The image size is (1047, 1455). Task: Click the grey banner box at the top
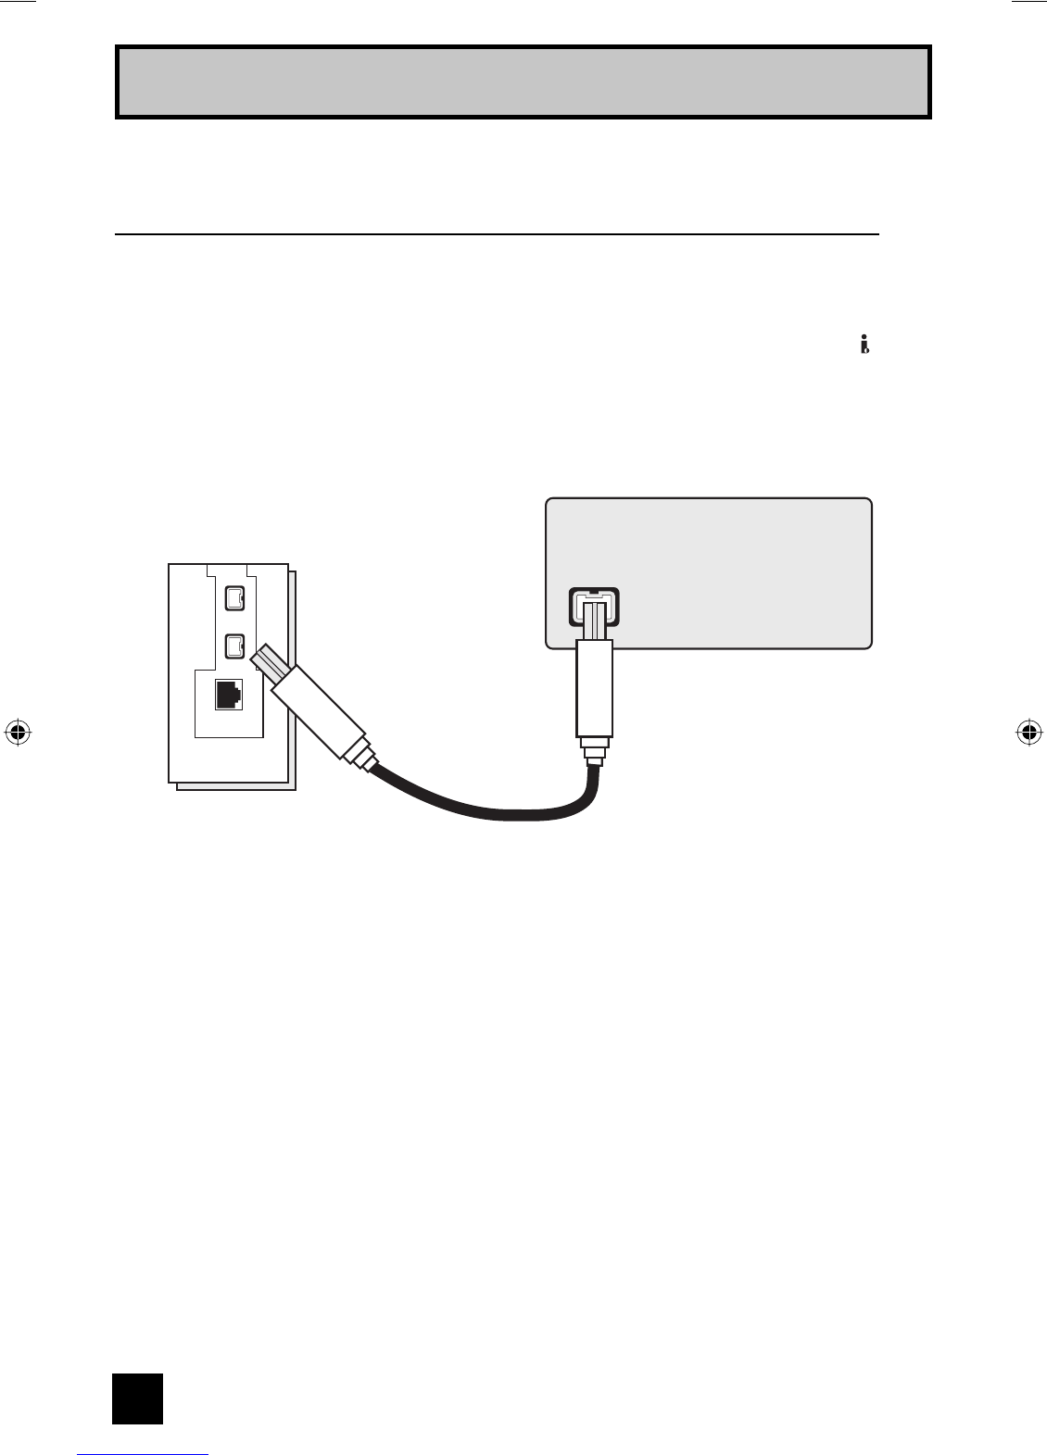pyautogui.click(x=523, y=82)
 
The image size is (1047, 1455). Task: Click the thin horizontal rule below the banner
pyautogui.click(x=496, y=234)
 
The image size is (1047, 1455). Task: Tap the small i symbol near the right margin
pyautogui.click(x=864, y=345)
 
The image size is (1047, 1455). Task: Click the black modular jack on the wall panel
pyautogui.click(x=229, y=695)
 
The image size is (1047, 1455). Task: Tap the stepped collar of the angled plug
pyautogui.click(x=360, y=755)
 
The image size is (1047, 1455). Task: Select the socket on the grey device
pyautogui.click(x=593, y=607)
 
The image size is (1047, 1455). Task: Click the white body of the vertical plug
pyautogui.click(x=594, y=685)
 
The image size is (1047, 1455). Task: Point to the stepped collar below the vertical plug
pyautogui.click(x=593, y=748)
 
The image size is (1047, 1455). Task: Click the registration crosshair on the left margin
pyautogui.click(x=18, y=732)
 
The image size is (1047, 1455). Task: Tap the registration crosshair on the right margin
pyautogui.click(x=1028, y=732)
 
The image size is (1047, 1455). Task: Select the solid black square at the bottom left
pyautogui.click(x=137, y=1398)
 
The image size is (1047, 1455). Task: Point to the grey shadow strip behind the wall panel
pyautogui.click(x=293, y=681)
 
